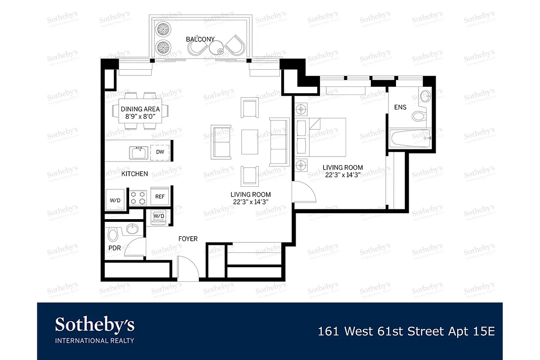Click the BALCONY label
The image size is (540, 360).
coord(200,39)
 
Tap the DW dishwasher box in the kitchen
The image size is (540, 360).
coord(160,152)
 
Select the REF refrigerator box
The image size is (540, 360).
coord(160,196)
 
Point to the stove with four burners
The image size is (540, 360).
coord(139,197)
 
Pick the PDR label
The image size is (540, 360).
coord(114,248)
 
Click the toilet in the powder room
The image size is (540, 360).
coord(113,234)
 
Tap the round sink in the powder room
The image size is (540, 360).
coord(132,229)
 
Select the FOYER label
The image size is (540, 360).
coord(188,239)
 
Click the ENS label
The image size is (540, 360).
coord(400,108)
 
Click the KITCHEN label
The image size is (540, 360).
coord(135,174)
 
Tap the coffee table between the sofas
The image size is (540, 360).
coord(250,142)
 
